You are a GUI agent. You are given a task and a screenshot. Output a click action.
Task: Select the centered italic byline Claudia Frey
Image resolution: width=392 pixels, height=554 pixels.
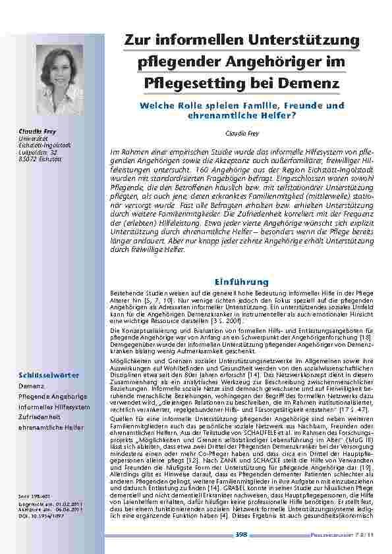tap(242, 133)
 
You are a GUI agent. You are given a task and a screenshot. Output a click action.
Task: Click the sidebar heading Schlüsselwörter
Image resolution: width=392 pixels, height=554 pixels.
tap(40, 375)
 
